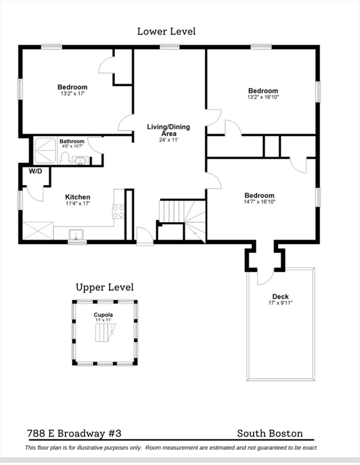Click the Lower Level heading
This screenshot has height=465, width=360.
[166, 31]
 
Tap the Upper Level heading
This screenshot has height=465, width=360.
[105, 288]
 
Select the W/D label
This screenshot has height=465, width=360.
[35, 171]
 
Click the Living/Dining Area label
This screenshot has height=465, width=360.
[169, 130]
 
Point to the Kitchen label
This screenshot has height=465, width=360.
[77, 197]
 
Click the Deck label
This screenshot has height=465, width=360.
[280, 297]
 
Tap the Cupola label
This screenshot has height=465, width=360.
[103, 315]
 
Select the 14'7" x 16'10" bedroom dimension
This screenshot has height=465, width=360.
[260, 202]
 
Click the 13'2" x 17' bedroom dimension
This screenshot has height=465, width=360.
[72, 94]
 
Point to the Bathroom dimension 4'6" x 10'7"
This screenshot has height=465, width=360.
[72, 146]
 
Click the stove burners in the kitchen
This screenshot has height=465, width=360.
[118, 211]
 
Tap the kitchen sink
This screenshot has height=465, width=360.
[76, 235]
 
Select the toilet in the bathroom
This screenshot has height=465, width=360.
[64, 158]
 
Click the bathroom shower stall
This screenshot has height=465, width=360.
[45, 150]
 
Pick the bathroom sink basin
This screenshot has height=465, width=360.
[80, 162]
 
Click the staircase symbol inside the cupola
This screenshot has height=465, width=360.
[105, 332]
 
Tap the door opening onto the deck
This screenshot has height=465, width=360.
[266, 277]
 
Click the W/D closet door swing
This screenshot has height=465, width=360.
[34, 194]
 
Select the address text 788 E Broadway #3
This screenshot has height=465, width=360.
[74, 434]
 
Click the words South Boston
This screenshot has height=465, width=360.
[270, 434]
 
